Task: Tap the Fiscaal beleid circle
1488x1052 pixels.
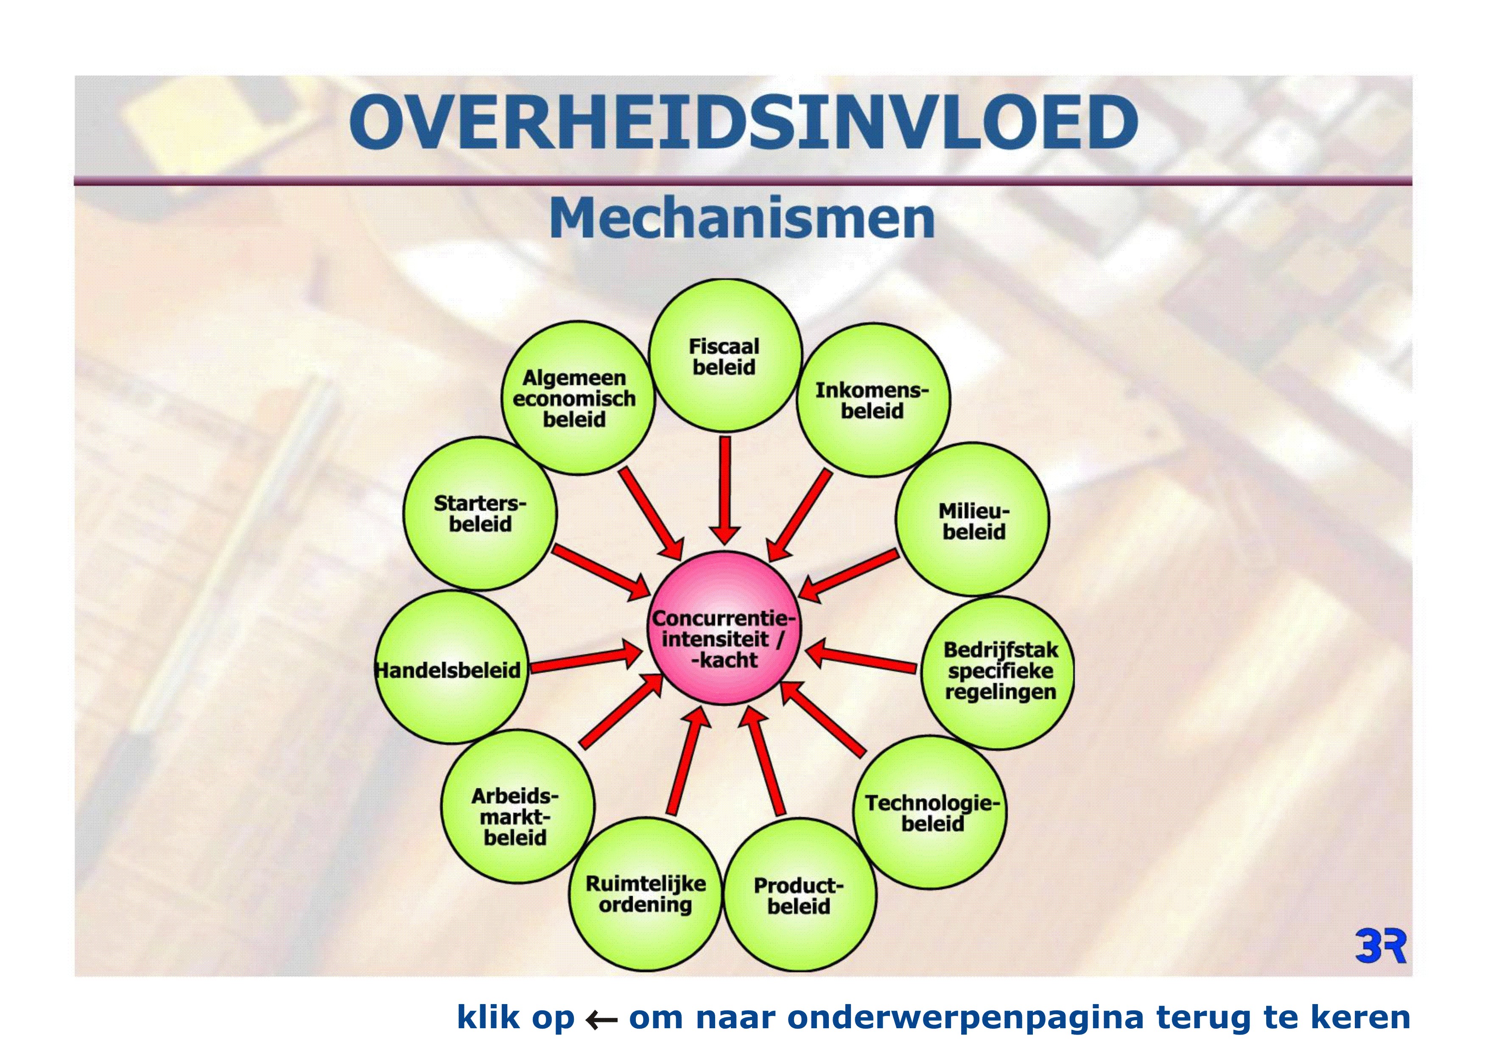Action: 725,355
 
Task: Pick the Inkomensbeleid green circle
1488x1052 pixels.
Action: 873,400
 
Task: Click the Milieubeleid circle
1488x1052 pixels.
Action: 972,519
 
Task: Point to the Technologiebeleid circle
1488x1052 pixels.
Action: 930,812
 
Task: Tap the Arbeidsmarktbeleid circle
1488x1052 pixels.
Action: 518,806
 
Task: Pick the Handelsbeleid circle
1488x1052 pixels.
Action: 452,667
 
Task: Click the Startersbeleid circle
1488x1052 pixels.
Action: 480,513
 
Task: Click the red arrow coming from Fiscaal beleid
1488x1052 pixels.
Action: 725,490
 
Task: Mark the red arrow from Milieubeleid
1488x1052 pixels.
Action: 848,575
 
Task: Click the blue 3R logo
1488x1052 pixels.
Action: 1380,946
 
